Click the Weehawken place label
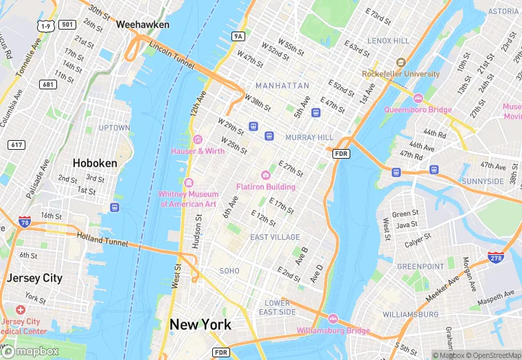tap(143, 24)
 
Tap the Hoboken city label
tap(95, 164)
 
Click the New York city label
tap(201, 324)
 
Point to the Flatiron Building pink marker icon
tap(266, 175)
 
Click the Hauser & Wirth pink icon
tap(197, 139)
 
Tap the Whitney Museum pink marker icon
tap(188, 182)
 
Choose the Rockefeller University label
tap(401, 74)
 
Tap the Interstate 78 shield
tap(25, 223)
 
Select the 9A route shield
tap(238, 36)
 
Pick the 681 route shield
tap(48, 85)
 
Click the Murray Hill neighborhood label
tap(309, 137)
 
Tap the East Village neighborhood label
tap(275, 237)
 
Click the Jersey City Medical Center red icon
tap(21, 311)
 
